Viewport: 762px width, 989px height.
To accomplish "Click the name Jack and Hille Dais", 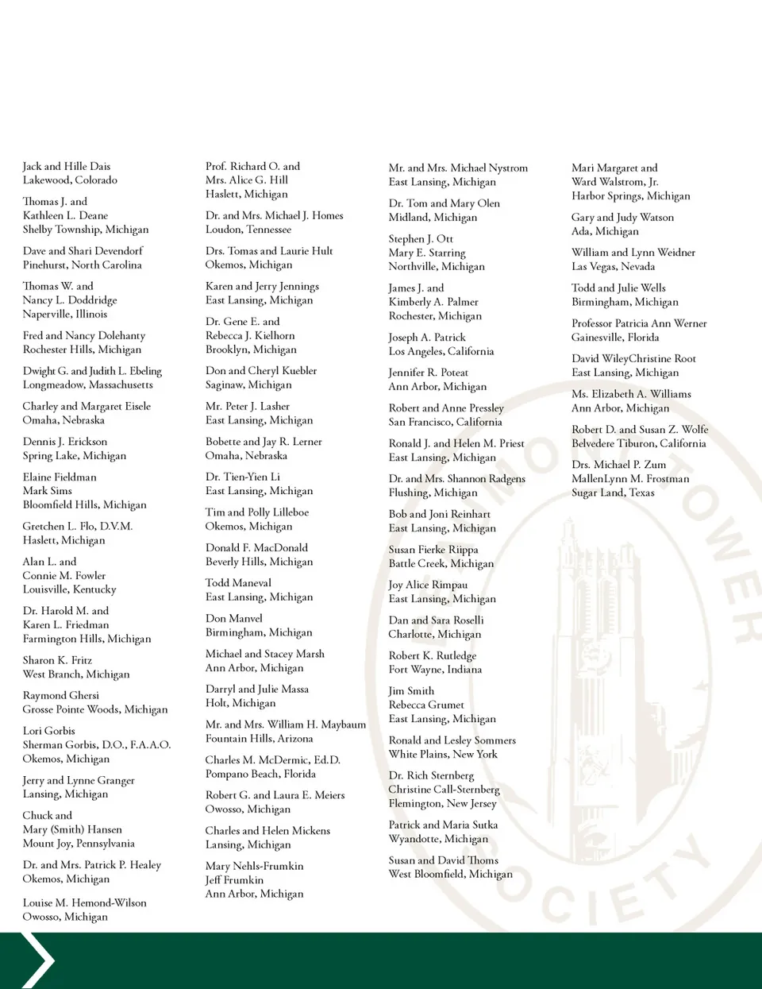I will click(67, 167).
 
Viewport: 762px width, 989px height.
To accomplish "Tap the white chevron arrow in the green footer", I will click(37, 960).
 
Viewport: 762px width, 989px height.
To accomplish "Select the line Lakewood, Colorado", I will click(70, 180).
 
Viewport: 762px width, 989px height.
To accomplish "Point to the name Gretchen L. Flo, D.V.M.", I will click(78, 527).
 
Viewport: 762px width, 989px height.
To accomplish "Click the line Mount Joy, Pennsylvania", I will click(79, 844).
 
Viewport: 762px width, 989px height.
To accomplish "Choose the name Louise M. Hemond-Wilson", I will click(85, 903).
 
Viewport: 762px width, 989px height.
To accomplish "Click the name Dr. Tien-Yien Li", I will click(243, 477).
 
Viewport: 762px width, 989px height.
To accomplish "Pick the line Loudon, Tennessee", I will click(248, 230).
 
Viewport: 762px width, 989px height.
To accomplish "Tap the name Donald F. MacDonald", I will click(256, 548).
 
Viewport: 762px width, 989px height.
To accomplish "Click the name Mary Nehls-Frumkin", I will click(254, 867).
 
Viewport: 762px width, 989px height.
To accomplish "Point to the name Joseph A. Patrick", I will click(427, 338).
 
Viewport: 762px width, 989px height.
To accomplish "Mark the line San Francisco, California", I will click(445, 423).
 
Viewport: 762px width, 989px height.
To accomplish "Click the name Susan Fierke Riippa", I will click(433, 550).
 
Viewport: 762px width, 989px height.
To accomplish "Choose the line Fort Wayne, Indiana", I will click(435, 670).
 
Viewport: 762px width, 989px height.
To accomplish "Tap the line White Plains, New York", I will click(443, 755).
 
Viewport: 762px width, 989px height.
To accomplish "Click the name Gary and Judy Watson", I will click(622, 218).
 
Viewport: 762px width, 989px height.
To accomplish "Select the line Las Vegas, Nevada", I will click(613, 267).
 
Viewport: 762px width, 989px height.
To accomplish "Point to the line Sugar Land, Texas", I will click(613, 493).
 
